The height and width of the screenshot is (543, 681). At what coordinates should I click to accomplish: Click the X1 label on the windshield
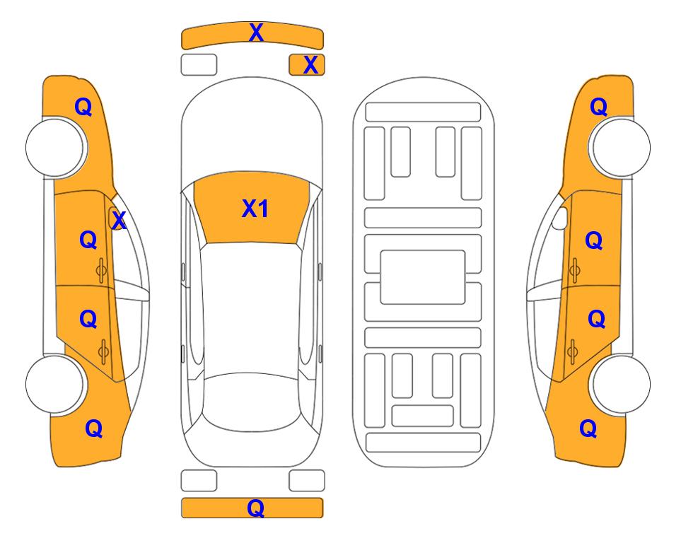[x=255, y=209]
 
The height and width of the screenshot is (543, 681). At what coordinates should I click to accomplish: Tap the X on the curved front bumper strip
[x=256, y=33]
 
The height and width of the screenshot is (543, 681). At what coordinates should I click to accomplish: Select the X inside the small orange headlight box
[x=310, y=65]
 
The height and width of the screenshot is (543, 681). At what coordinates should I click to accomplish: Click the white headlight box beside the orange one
[x=199, y=65]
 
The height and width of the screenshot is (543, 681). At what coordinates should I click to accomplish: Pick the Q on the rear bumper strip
[x=256, y=508]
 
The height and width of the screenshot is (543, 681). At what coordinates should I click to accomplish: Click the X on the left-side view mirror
[x=119, y=221]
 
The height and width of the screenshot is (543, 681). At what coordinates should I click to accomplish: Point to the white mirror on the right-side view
[x=560, y=218]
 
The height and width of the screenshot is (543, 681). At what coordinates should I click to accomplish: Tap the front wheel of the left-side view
[x=56, y=148]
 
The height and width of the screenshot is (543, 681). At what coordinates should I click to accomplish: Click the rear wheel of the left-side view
[x=56, y=384]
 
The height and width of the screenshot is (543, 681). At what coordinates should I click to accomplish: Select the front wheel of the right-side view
[x=619, y=148]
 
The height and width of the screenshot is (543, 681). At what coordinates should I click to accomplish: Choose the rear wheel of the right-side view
[x=619, y=384]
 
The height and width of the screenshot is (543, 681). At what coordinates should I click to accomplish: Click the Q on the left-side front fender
[x=83, y=107]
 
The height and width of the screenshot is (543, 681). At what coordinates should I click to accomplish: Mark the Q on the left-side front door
[x=88, y=240]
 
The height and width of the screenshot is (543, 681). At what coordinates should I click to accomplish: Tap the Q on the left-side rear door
[x=88, y=320]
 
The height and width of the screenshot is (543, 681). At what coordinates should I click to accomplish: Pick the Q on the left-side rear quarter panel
[x=94, y=428]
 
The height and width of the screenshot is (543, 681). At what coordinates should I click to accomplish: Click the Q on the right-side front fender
[x=598, y=107]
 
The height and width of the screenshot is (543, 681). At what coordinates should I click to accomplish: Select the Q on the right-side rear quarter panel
[x=588, y=428]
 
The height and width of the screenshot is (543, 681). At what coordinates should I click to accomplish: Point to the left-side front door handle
[x=101, y=271]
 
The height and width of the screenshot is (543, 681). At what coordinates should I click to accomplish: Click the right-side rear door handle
[x=572, y=351]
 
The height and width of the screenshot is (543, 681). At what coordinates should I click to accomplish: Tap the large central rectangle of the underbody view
[x=423, y=277]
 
